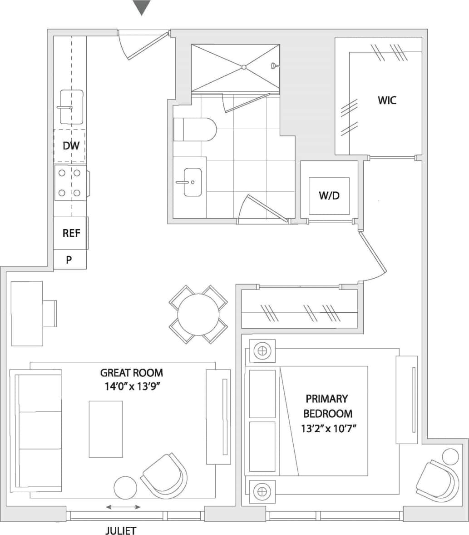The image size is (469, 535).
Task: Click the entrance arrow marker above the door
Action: (x=142, y=8)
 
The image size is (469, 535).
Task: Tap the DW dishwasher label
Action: (x=71, y=146)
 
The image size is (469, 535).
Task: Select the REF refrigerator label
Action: (x=71, y=233)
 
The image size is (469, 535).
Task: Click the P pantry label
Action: (x=69, y=260)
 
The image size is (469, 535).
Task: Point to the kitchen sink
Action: (x=71, y=107)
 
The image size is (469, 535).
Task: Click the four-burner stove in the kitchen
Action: (x=70, y=183)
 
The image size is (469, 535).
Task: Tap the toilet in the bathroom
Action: (x=195, y=130)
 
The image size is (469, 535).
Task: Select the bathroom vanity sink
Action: (x=193, y=182)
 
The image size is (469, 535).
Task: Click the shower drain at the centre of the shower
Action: (x=244, y=67)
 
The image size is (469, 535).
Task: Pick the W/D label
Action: (x=329, y=196)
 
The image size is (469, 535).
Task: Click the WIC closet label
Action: (x=387, y=100)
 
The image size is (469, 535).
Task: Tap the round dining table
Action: (x=198, y=314)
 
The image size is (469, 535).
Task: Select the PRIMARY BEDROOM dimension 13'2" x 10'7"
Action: (x=327, y=428)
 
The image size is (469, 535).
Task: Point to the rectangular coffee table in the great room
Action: (x=105, y=429)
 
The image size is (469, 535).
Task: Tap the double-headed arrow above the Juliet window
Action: (x=123, y=507)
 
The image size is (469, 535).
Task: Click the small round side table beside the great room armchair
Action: (x=125, y=488)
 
